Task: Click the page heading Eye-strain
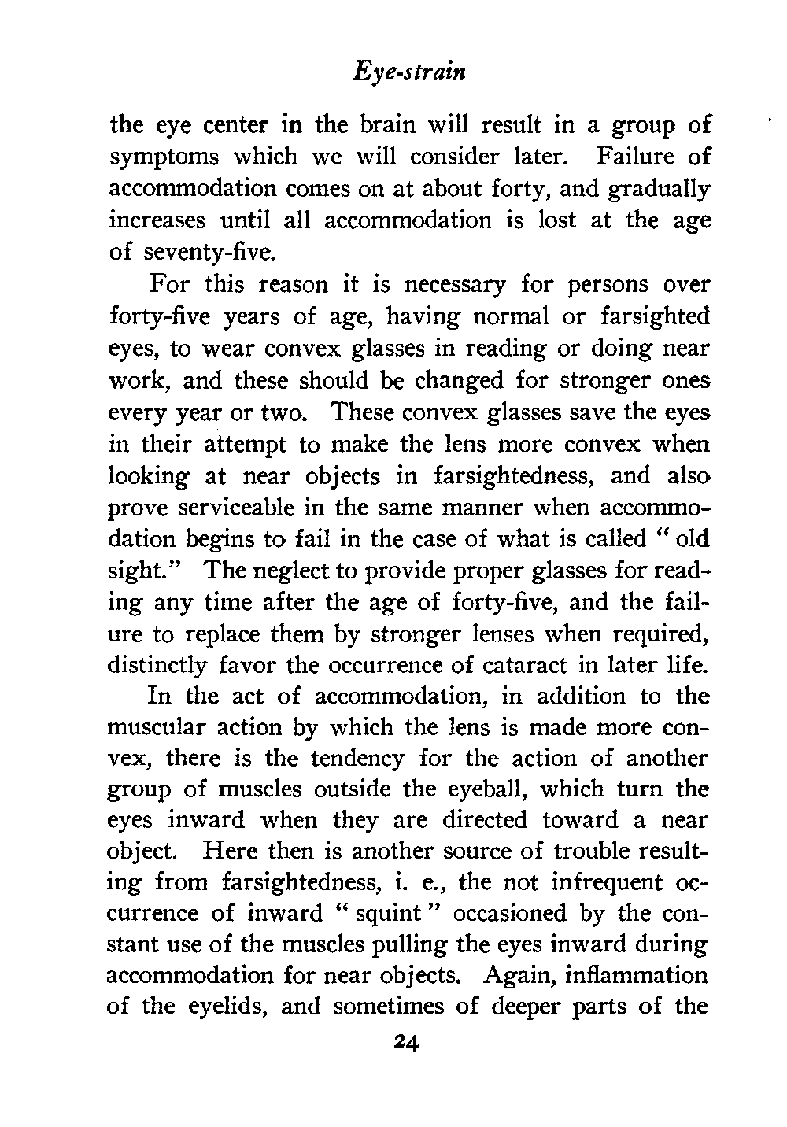(x=408, y=73)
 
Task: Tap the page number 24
(x=408, y=1043)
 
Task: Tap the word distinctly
(x=157, y=665)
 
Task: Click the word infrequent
(x=586, y=884)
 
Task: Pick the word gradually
(x=662, y=190)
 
